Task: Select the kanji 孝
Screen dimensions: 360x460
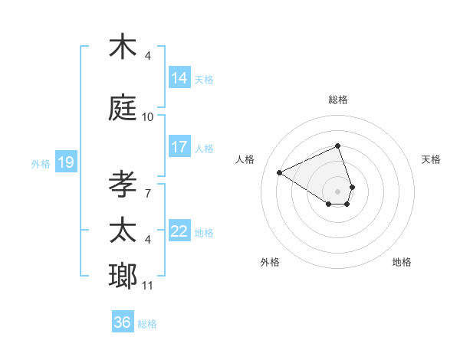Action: tap(123, 185)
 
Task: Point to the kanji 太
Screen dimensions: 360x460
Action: tap(123, 231)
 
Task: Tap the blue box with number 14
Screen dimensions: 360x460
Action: tap(179, 78)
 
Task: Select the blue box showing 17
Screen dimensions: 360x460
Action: tap(179, 147)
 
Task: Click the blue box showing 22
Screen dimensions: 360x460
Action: tap(179, 232)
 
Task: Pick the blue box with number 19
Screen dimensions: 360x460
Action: tap(65, 162)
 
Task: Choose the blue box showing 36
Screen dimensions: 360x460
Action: tap(123, 322)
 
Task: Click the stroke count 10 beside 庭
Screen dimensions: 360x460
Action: tap(148, 117)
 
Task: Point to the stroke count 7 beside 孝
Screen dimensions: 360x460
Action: tap(147, 194)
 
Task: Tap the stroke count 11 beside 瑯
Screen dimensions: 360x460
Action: tap(148, 286)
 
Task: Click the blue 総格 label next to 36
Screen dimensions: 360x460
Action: tap(147, 324)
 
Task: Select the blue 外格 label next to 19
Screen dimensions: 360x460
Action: tap(41, 163)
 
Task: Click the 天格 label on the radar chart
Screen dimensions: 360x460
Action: tap(431, 159)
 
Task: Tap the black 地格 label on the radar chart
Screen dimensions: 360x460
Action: tap(402, 262)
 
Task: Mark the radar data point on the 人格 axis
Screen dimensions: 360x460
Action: tap(280, 172)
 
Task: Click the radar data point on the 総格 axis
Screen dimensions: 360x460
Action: tap(337, 146)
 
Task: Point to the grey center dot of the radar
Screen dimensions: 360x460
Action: tap(337, 190)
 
